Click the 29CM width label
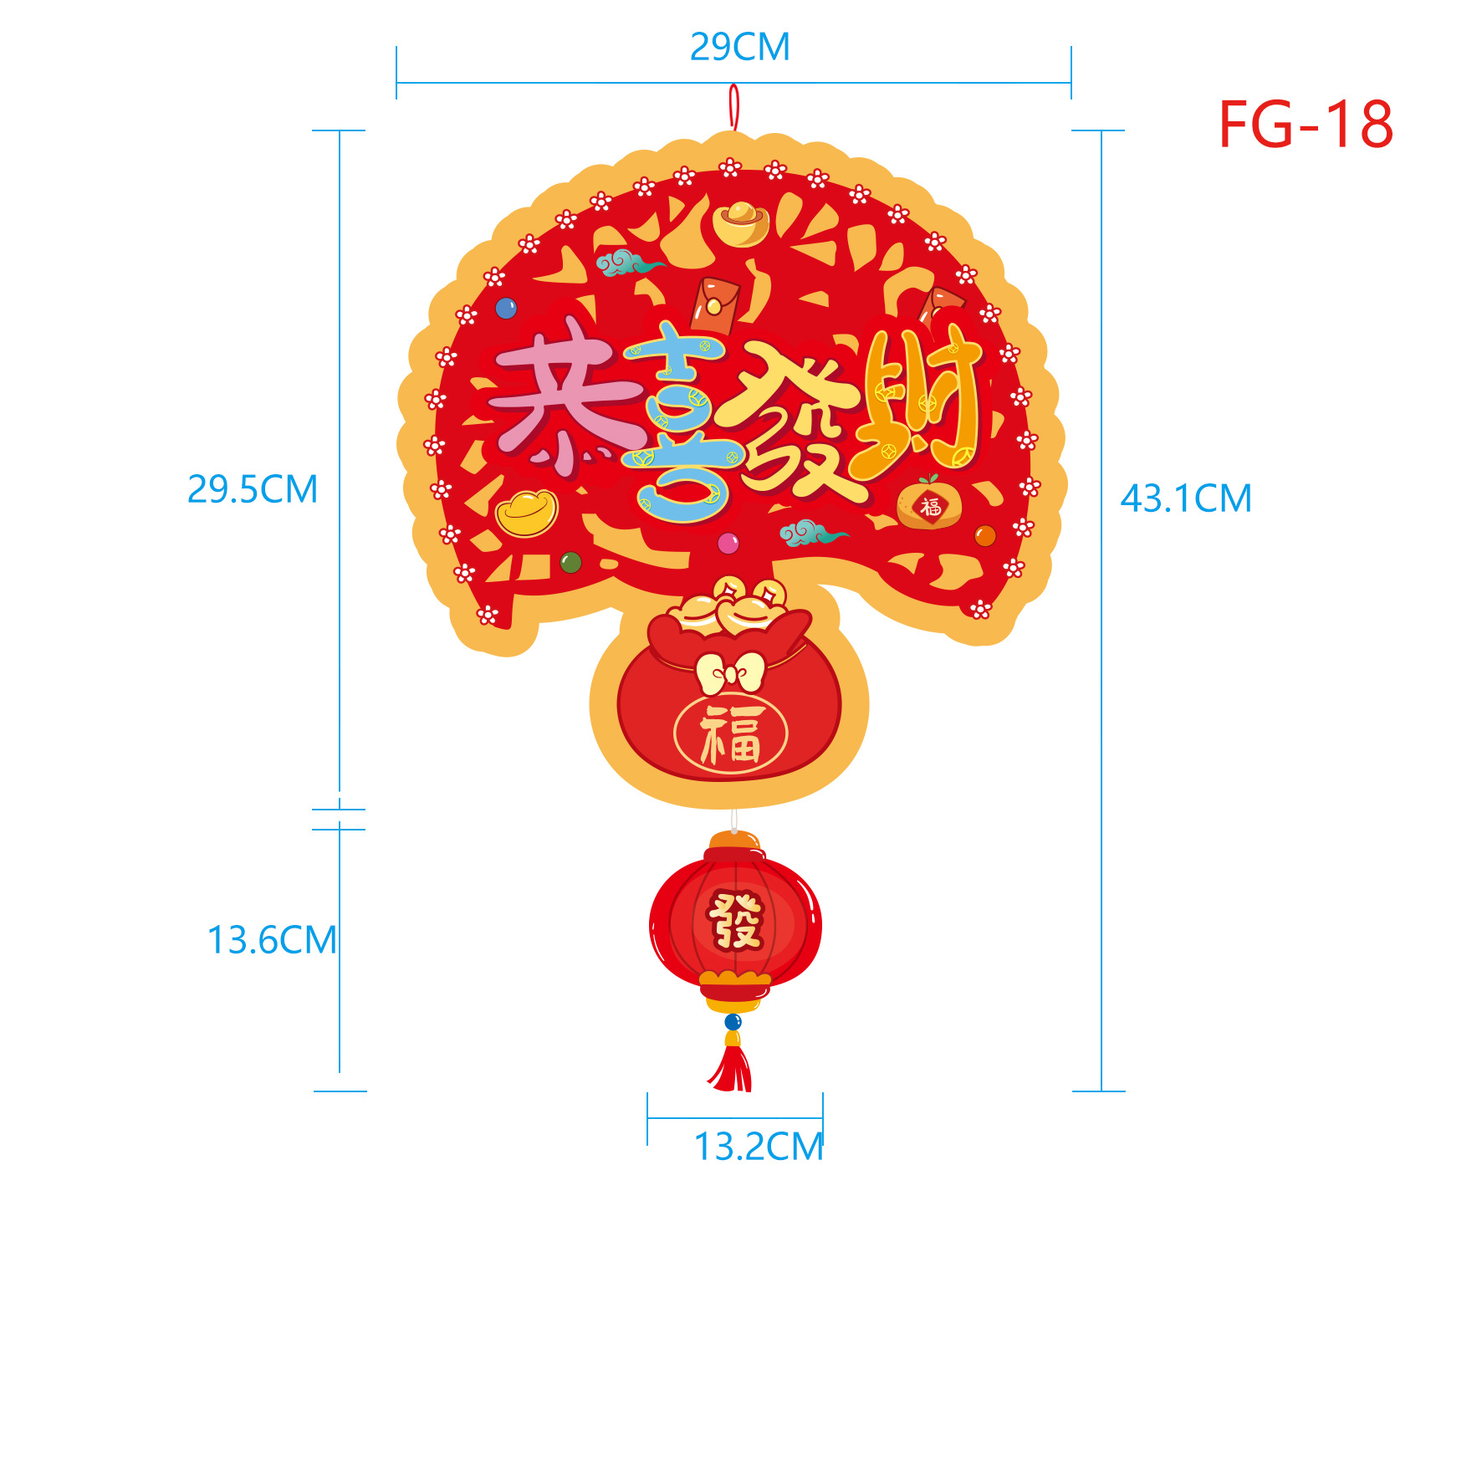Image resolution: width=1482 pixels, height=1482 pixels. coord(740,47)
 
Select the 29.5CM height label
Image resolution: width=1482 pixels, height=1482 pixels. coord(253,489)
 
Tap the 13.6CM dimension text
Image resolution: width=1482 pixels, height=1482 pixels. coord(272,940)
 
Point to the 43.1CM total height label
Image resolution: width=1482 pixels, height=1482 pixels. coord(1186,498)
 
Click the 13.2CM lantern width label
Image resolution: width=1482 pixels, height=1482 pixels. coord(759,1147)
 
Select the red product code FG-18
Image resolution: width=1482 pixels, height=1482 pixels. coord(1306,125)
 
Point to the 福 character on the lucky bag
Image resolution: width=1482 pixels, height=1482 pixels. coord(731,735)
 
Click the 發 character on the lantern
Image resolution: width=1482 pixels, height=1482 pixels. coord(735,921)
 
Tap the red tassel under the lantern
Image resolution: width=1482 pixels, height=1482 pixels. coord(732,1068)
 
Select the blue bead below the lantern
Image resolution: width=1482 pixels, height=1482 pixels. coord(733,1021)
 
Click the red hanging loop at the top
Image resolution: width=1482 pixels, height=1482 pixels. coord(733,106)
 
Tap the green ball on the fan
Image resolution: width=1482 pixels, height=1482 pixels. coord(570,562)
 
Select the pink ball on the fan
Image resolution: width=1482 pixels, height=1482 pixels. coord(728,544)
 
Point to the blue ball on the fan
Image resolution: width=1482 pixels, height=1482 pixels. coord(506,309)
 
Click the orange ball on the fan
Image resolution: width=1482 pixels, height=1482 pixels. coord(985,536)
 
